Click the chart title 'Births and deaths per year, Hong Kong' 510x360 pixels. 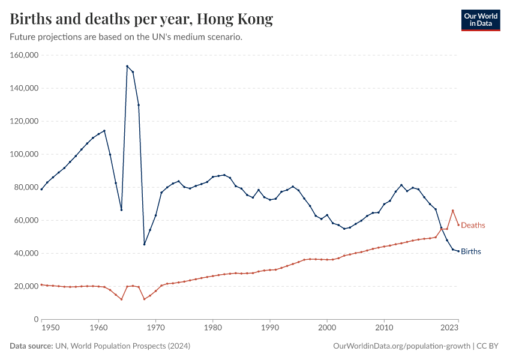tap(142, 19)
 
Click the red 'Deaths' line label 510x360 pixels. tap(473, 225)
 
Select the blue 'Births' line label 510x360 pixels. tap(471, 251)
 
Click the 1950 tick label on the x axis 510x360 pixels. tap(50, 328)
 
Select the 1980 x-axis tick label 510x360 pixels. tap(212, 328)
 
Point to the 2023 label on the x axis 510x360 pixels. tap(450, 328)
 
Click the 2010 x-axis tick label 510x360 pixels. tap(384, 328)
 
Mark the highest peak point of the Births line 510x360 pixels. tap(127, 66)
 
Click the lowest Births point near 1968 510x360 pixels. tap(144, 244)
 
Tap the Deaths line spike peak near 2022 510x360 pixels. tap(453, 210)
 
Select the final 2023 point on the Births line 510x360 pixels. tap(458, 251)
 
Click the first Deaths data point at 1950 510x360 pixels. tap(41, 284)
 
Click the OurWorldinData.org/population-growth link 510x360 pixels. tap(400, 346)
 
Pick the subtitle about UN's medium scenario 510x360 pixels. tap(126, 37)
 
